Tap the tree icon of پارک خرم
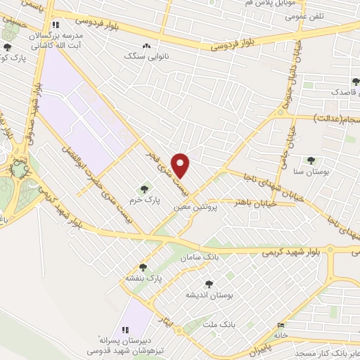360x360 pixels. [x=145, y=188]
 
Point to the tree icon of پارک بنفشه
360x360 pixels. [x=143, y=267]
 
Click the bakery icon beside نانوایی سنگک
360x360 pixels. [x=146, y=46]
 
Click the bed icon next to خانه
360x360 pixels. [x=281, y=326]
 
